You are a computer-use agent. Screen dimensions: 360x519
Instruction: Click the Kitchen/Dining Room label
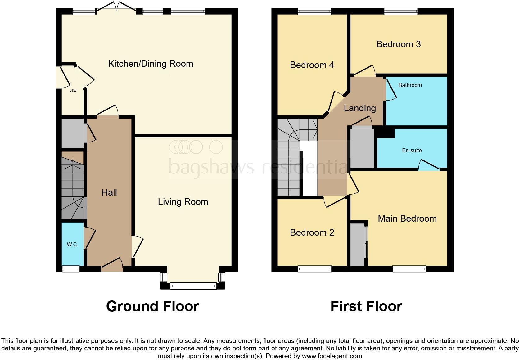pyautogui.click(x=151, y=64)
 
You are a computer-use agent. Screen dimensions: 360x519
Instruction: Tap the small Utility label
pyautogui.click(x=73, y=91)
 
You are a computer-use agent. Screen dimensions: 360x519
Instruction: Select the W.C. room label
pyautogui.click(x=72, y=244)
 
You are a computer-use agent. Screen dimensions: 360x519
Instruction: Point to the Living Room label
pyautogui.click(x=183, y=202)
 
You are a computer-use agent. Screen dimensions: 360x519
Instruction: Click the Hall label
pyautogui.click(x=109, y=192)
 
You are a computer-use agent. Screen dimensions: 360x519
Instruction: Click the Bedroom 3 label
pyautogui.click(x=399, y=44)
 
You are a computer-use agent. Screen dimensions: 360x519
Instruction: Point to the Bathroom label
pyautogui.click(x=410, y=85)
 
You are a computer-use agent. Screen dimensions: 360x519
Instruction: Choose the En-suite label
pyautogui.click(x=412, y=150)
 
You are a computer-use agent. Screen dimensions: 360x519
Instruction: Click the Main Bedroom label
pyautogui.click(x=407, y=218)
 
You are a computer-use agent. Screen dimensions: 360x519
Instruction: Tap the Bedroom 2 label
pyautogui.click(x=312, y=232)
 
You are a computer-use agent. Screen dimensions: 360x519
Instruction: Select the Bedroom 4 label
pyautogui.click(x=312, y=65)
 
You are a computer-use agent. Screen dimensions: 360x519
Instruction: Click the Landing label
pyautogui.click(x=360, y=108)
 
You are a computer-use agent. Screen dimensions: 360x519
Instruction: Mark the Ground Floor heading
pyautogui.click(x=152, y=306)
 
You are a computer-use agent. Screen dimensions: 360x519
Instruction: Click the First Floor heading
pyautogui.click(x=366, y=306)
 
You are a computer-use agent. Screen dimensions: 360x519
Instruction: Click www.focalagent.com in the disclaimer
pyautogui.click(x=332, y=356)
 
